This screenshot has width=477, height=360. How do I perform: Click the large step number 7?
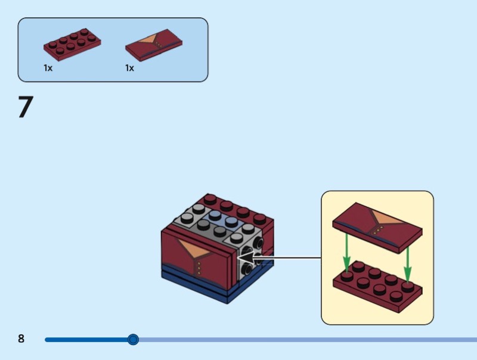point(24,107)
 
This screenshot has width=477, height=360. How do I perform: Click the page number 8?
point(21,339)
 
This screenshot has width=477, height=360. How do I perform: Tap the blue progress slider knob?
point(133,340)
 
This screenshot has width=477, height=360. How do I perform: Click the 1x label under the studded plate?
point(48,68)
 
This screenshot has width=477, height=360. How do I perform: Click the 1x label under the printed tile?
point(129,68)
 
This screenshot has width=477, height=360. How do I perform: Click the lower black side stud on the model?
point(246,269)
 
